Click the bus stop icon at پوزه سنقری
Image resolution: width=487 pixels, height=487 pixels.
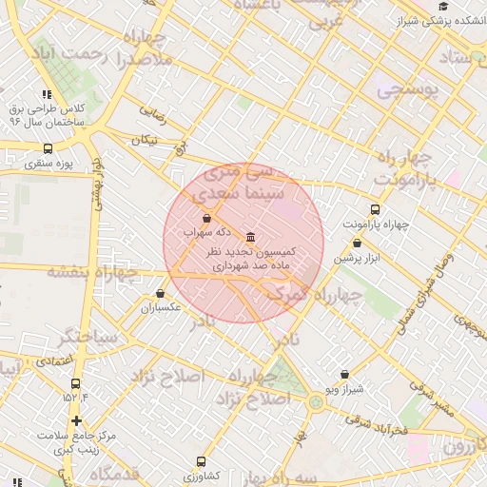(49, 149)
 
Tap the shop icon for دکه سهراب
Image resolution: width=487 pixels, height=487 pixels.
(206, 218)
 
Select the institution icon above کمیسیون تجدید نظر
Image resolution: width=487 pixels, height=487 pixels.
(250, 236)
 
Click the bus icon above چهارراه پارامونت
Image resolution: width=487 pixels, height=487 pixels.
(375, 209)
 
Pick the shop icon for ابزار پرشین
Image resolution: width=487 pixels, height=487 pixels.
(357, 243)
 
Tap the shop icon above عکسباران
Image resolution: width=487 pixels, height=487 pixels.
(159, 294)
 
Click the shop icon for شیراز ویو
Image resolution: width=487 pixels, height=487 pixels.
(343, 375)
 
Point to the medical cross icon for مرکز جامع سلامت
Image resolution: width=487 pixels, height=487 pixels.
(76, 420)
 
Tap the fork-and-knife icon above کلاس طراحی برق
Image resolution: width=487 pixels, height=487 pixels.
(46, 94)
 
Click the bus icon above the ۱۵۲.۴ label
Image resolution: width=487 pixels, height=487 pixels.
(76, 383)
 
